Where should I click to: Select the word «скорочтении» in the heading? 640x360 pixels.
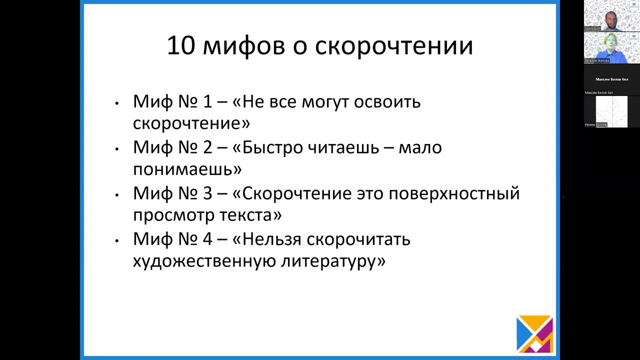[394, 45]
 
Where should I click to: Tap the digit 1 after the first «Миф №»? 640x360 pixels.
[208, 101]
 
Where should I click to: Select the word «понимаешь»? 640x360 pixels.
[187, 169]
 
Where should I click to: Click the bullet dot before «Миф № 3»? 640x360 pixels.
[116, 194]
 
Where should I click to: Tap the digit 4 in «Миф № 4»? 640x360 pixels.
[208, 239]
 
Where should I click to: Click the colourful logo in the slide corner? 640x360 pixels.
[534, 334]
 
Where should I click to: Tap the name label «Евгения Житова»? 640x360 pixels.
[597, 60]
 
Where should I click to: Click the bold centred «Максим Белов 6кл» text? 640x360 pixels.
[611, 79]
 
